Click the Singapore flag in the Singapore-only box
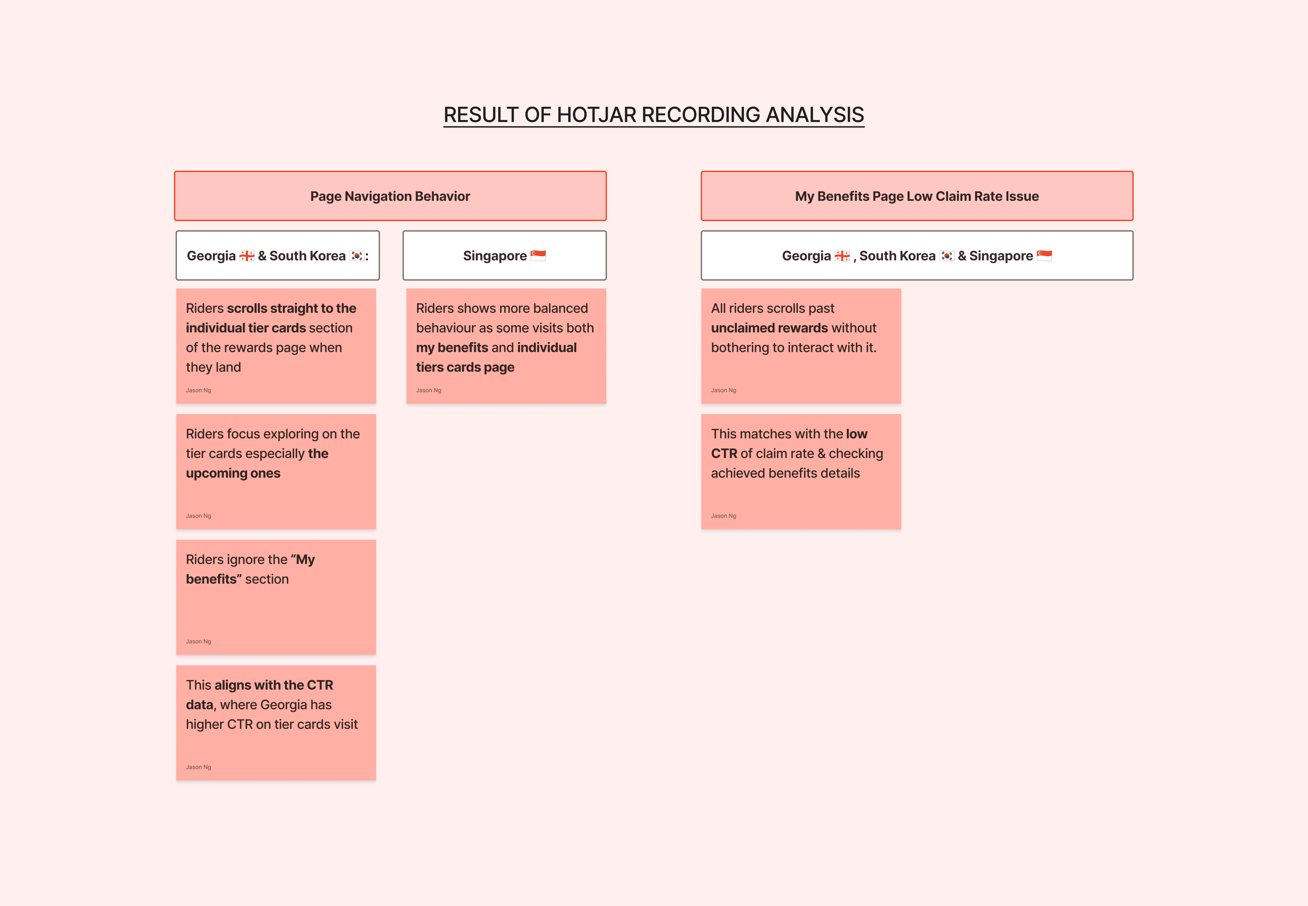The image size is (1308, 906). tap(538, 256)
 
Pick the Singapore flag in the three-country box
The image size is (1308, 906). tap(1044, 256)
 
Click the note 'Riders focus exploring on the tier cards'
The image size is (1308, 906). tap(276, 471)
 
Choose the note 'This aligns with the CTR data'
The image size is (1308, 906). tap(276, 722)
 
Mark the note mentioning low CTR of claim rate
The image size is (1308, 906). tap(801, 471)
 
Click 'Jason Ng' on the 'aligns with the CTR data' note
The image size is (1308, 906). tap(199, 767)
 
